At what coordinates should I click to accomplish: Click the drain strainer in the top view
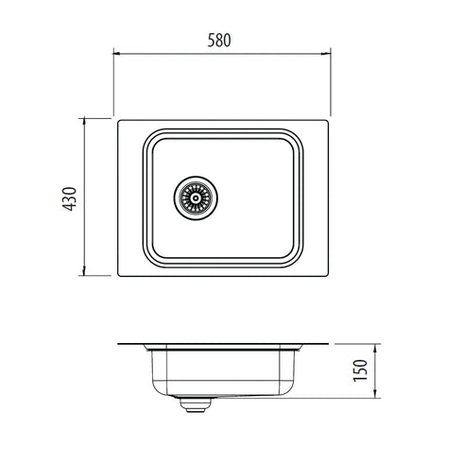pos(196,197)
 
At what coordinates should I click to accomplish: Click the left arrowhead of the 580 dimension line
pos(117,53)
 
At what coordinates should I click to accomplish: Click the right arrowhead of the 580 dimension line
pos(330,53)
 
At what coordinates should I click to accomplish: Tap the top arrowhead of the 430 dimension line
pos(85,121)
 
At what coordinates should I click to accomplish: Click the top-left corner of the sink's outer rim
pos(117,119)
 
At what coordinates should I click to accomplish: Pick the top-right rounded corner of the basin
pos(300,134)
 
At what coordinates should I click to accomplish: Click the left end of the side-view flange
pos(117,344)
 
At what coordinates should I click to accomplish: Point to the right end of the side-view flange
pos(331,344)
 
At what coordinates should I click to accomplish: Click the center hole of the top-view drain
pos(196,197)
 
